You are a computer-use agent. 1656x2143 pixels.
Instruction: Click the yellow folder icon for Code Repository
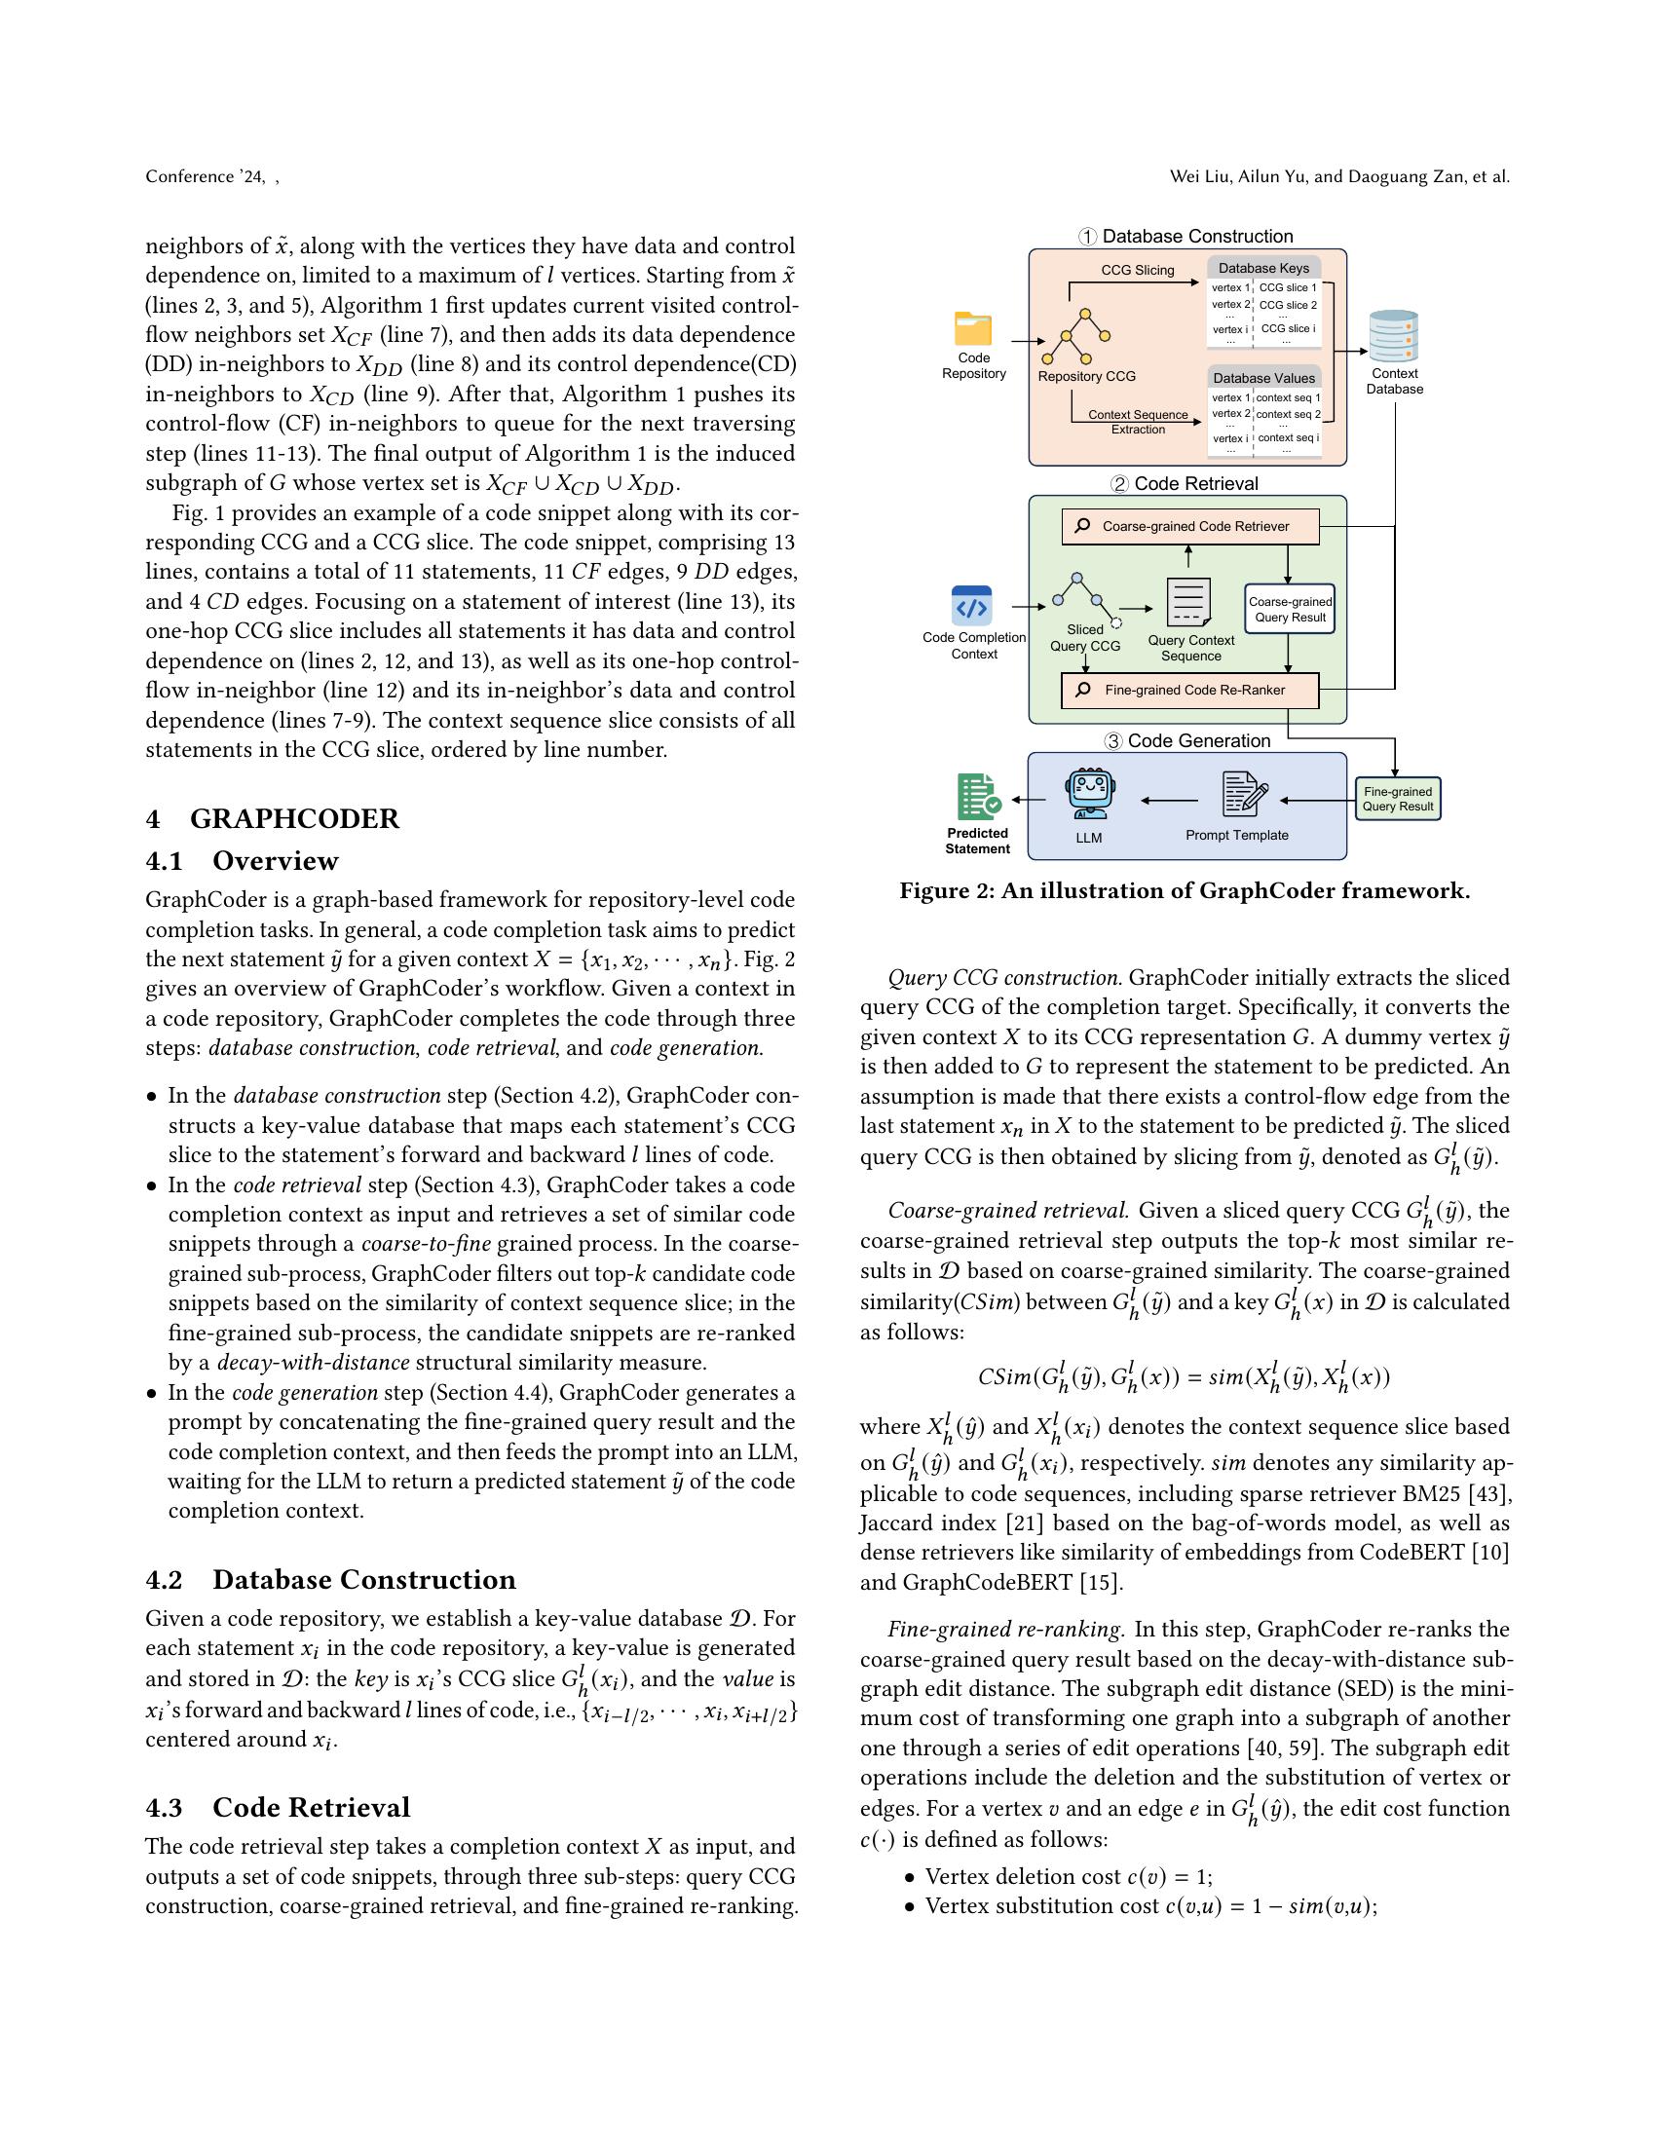pyautogui.click(x=972, y=327)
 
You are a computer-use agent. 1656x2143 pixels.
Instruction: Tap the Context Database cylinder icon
pyautogui.click(x=1394, y=337)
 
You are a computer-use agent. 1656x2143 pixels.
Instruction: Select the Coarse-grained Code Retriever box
pyautogui.click(x=1190, y=526)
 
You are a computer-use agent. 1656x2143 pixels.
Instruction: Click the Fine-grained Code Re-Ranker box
pyautogui.click(x=1190, y=690)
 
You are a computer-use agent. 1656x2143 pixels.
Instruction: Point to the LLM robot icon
pyautogui.click(x=1089, y=793)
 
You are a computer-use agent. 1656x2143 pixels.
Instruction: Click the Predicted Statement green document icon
pyautogui.click(x=978, y=797)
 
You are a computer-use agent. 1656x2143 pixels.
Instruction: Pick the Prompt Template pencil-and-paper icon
pyautogui.click(x=1244, y=794)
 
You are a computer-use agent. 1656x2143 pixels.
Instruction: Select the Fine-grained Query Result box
pyautogui.click(x=1397, y=799)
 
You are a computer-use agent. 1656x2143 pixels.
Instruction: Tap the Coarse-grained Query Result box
pyautogui.click(x=1289, y=610)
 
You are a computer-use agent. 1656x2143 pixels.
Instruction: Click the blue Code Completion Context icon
pyautogui.click(x=971, y=606)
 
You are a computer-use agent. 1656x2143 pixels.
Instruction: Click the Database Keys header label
pyautogui.click(x=1263, y=268)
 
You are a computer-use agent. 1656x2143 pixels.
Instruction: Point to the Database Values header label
pyautogui.click(x=1263, y=378)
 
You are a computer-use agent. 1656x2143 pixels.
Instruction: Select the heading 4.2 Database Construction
pyautogui.click(x=330, y=1579)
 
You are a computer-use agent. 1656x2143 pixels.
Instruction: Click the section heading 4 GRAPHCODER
pyautogui.click(x=273, y=818)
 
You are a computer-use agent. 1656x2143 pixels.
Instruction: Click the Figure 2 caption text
pyautogui.click(x=1185, y=890)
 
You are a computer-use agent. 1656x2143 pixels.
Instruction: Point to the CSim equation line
pyautogui.click(x=1184, y=1377)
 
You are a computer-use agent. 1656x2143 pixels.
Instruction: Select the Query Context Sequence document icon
pyautogui.click(x=1188, y=601)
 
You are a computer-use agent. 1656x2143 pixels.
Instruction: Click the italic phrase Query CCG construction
pyautogui.click(x=1004, y=977)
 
